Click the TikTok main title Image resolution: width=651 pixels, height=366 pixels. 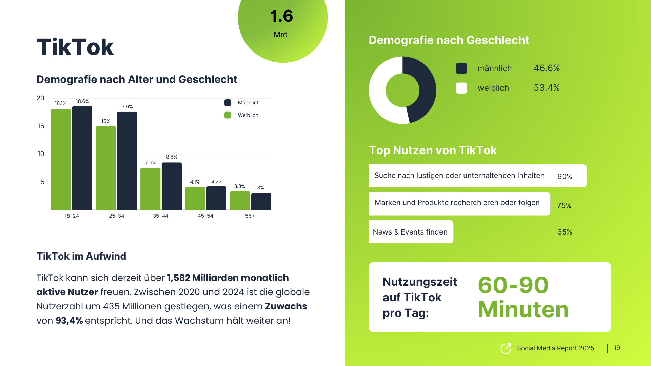tap(75, 47)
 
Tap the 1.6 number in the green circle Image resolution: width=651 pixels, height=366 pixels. tap(281, 16)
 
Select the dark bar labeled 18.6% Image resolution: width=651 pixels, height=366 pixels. tap(82, 158)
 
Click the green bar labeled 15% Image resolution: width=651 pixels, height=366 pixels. tap(105, 168)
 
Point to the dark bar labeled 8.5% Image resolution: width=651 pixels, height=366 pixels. tap(172, 186)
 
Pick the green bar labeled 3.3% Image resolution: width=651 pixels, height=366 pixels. tap(240, 201)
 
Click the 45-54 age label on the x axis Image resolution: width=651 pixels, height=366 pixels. tap(205, 216)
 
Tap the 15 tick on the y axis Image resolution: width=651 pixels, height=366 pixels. tap(41, 126)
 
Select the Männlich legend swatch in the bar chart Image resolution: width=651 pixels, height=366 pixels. tap(228, 103)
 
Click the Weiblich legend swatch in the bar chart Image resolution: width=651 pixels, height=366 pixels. tap(228, 115)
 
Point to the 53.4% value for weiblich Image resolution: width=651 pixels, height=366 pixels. tap(547, 88)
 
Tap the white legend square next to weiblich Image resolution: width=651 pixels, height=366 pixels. tap(461, 88)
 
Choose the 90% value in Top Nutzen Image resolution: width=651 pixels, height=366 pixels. tap(565, 177)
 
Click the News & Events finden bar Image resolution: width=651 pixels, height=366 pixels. tap(411, 232)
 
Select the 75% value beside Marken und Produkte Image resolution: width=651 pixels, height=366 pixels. tap(564, 206)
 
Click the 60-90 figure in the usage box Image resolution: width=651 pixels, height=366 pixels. tap(513, 285)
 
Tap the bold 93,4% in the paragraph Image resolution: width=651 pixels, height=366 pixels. tap(69, 321)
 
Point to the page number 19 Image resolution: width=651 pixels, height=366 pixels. tap(617, 348)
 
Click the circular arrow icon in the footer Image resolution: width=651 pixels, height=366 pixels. tap(506, 348)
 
